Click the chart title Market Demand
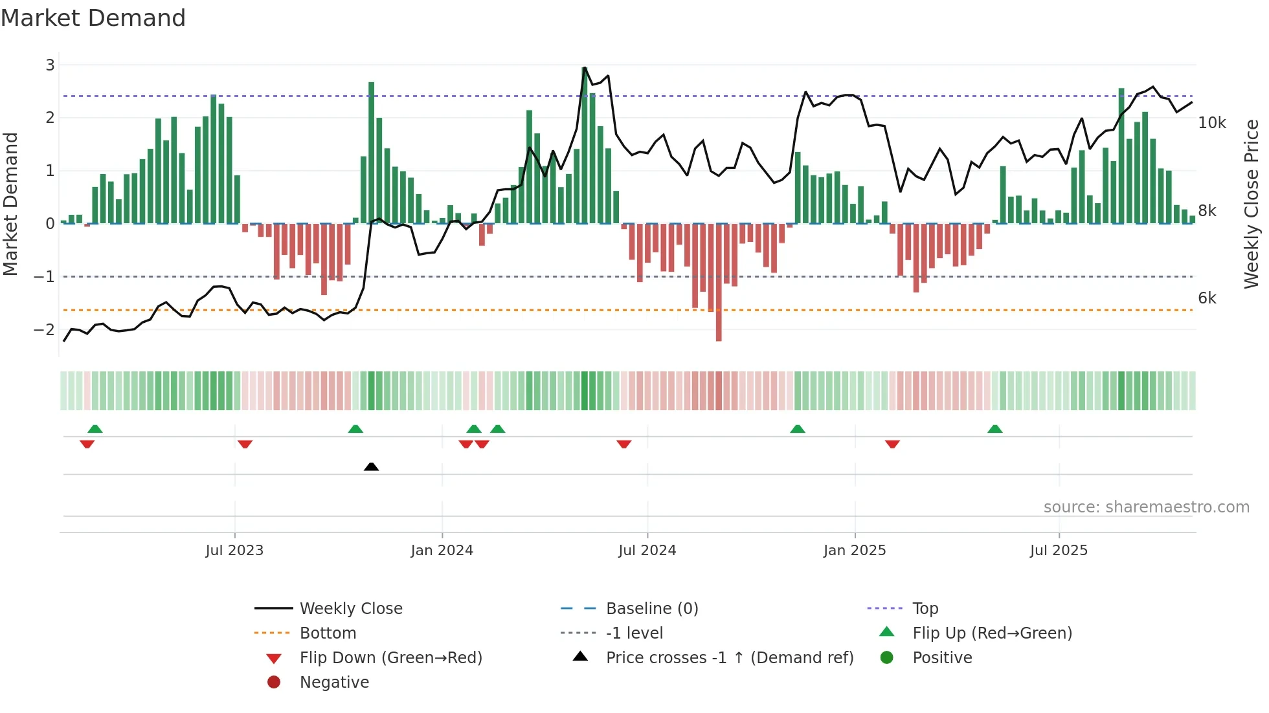[x=93, y=18]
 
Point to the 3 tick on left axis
[x=50, y=65]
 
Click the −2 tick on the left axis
[x=45, y=329]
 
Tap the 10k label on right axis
[x=1211, y=123]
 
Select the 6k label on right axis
[x=1207, y=298]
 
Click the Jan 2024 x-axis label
[x=442, y=551]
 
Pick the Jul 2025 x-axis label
[x=1059, y=551]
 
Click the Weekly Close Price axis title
[x=1252, y=204]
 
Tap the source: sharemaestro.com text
[x=1146, y=507]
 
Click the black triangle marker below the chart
[x=371, y=466]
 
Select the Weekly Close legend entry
[x=350, y=609]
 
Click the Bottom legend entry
[x=328, y=633]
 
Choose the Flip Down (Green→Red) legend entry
[x=390, y=658]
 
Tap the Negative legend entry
[x=334, y=683]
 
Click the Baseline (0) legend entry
[x=651, y=609]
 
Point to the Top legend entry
[x=925, y=609]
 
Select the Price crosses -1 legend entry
[x=729, y=658]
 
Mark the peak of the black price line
[x=585, y=67]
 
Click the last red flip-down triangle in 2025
[x=892, y=444]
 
